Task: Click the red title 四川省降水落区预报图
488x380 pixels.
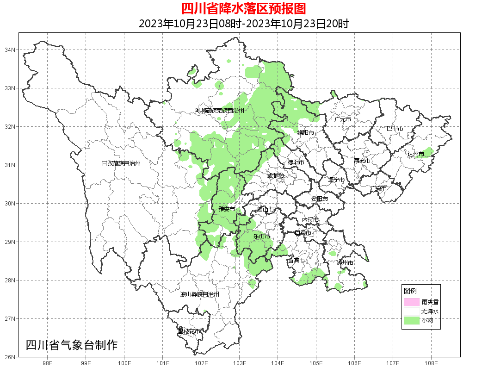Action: [x=243, y=9]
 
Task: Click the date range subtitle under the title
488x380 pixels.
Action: [x=243, y=24]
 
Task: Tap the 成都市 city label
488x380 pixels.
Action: [x=275, y=176]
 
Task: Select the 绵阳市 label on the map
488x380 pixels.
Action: [x=305, y=132]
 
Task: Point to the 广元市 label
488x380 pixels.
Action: [x=343, y=119]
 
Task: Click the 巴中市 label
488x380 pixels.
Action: [x=395, y=129]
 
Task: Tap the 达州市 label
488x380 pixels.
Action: [x=416, y=154]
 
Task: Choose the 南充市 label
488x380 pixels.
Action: [x=362, y=161]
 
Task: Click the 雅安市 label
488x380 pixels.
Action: [x=227, y=209]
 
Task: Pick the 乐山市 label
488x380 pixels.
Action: [x=261, y=236]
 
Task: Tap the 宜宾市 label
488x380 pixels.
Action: [x=296, y=261]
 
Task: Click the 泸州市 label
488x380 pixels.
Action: [x=345, y=262]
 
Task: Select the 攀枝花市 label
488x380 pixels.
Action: [x=189, y=331]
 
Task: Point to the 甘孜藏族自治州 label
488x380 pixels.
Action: [x=121, y=163]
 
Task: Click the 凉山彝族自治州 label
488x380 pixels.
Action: [x=200, y=294]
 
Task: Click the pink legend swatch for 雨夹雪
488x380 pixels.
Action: [x=411, y=302]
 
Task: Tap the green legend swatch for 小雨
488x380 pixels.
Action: [x=411, y=320]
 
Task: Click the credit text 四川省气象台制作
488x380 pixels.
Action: [x=72, y=345]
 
